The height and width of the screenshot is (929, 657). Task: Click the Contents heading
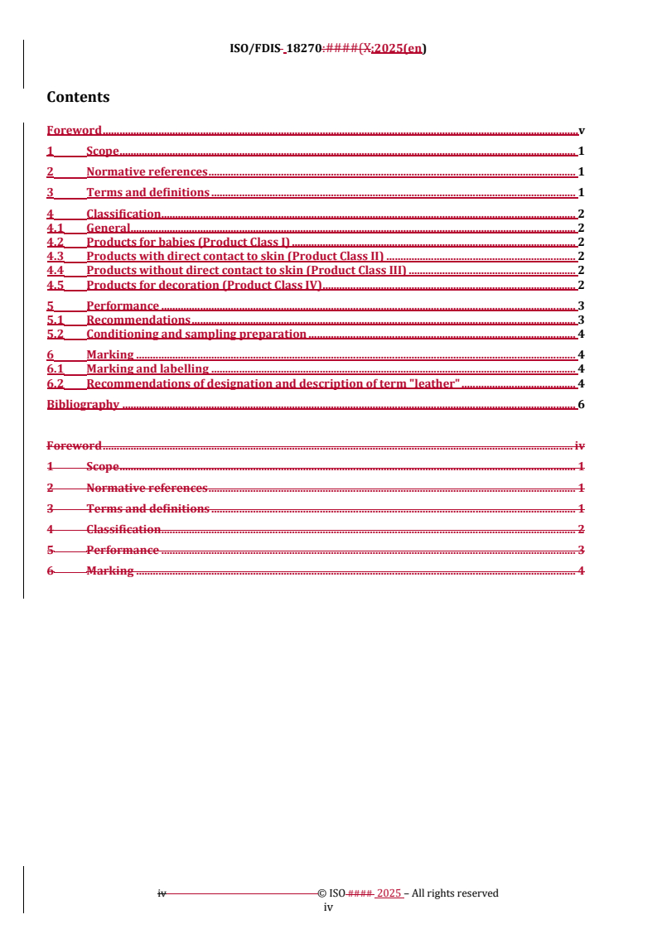pos(78,97)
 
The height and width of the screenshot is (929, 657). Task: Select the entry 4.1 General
pos(109,228)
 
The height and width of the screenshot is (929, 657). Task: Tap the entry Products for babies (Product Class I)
pos(188,242)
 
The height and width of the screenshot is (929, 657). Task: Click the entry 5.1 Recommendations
pos(138,320)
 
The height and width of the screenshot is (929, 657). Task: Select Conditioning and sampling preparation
pos(196,335)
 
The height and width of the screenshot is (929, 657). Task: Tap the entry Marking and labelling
pos(147,369)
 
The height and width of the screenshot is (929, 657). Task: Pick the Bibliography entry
pos(83,405)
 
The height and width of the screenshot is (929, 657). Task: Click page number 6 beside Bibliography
pos(582,405)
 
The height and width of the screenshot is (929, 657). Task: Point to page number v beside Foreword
pos(582,130)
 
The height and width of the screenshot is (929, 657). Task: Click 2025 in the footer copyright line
pos(389,893)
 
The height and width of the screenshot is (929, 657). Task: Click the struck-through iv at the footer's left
pos(162,893)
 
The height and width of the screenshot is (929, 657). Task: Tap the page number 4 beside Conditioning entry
pos(582,335)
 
